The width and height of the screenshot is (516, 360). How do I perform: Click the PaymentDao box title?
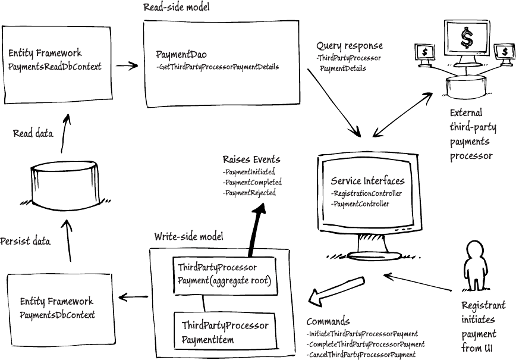[177, 54]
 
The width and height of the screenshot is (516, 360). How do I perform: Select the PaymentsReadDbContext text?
[55, 67]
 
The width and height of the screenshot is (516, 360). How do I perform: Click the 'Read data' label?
[33, 134]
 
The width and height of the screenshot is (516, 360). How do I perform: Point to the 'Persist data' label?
[25, 241]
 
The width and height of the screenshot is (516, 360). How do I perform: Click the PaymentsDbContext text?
[57, 314]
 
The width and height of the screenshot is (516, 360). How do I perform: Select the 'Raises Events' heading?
[251, 159]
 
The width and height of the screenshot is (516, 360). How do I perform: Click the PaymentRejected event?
[249, 193]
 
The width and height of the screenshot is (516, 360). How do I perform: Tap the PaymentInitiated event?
[248, 171]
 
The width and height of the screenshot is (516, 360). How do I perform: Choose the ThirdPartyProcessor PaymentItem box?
[225, 333]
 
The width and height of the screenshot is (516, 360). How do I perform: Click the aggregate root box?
[224, 275]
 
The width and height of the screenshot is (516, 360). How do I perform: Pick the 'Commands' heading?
[328, 321]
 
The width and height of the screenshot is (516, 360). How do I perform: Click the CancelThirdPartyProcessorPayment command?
[361, 355]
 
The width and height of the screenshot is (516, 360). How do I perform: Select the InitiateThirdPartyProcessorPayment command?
[362, 334]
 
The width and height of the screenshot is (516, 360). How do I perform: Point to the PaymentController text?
[361, 204]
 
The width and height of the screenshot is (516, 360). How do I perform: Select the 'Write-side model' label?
[189, 236]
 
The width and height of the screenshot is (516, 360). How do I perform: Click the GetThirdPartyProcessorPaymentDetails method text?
[218, 67]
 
